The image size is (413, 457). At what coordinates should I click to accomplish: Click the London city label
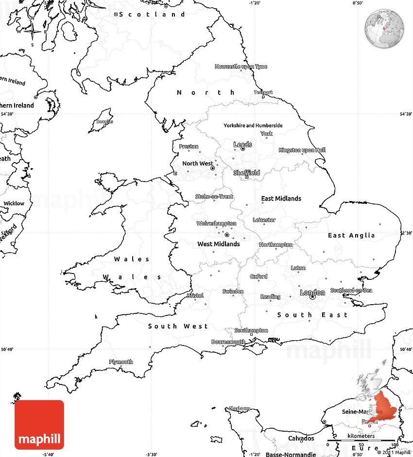coord(312,292)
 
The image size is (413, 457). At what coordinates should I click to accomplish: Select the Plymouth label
coord(121,362)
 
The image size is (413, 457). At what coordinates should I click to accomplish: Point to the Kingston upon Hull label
coord(302,150)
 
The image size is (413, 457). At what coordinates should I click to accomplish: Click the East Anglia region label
coord(351,236)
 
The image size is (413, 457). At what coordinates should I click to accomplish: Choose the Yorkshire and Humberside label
coord(253,126)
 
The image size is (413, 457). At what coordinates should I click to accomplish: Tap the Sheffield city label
coord(247,173)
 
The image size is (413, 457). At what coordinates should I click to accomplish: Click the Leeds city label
coord(243,145)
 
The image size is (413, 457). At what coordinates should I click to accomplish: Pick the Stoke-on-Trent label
coord(214,197)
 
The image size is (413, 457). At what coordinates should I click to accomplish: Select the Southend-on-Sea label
coord(351,291)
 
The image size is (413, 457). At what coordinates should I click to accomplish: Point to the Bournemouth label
coord(228,342)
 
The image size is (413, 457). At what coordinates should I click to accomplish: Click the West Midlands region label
coord(218,244)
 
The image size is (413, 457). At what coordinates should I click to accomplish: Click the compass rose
coord(33,32)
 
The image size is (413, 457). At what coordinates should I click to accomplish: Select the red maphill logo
coord(39,424)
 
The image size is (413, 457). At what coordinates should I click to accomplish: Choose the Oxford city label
coord(258,276)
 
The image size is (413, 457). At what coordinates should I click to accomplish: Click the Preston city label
coord(189,146)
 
